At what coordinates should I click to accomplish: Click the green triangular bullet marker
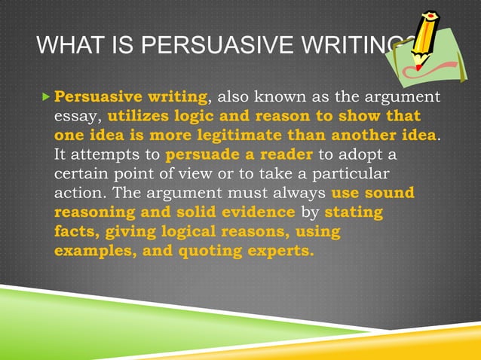[x=45, y=98]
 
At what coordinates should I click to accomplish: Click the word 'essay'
[x=76, y=117]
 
